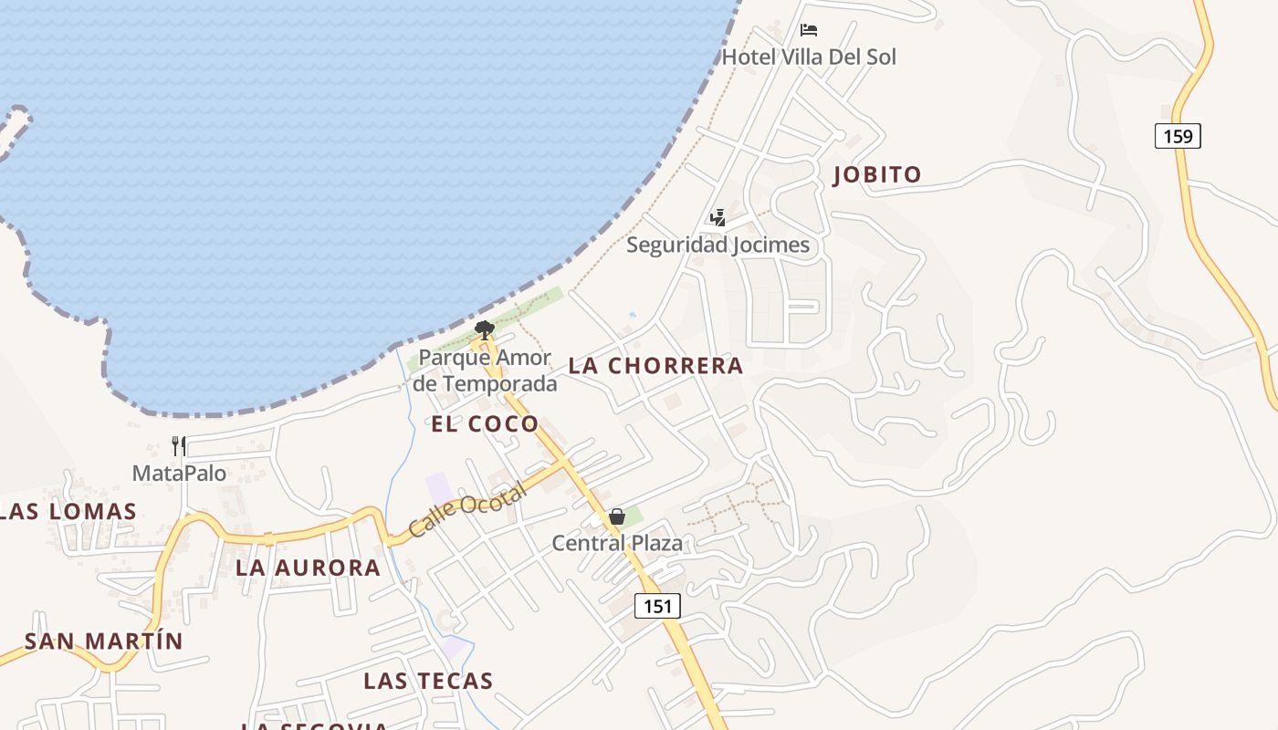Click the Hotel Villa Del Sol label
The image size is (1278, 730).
coord(809,57)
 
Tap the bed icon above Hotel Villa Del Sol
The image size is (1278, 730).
coord(808,30)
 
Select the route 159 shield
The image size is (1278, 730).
coord(1178,136)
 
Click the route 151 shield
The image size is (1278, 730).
coord(657,606)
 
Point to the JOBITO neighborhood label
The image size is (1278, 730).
coord(877,175)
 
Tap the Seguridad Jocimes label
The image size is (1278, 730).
coord(718,245)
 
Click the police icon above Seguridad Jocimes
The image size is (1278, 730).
coord(718,217)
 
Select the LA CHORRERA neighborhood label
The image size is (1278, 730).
coord(655,366)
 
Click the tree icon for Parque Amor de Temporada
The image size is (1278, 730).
coord(485,329)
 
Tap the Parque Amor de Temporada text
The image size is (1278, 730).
coord(485,370)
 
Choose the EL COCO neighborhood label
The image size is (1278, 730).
coord(485,424)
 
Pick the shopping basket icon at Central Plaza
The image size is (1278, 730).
coord(617,517)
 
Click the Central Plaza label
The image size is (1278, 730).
coord(617,544)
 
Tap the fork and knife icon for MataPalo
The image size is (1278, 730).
coord(179,446)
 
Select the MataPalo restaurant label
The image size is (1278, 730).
coord(179,474)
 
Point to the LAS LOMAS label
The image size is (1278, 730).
coord(68,512)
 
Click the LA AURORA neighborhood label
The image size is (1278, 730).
coord(308,568)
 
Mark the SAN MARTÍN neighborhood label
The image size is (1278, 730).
coord(104,641)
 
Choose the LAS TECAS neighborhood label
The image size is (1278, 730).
coord(428,681)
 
